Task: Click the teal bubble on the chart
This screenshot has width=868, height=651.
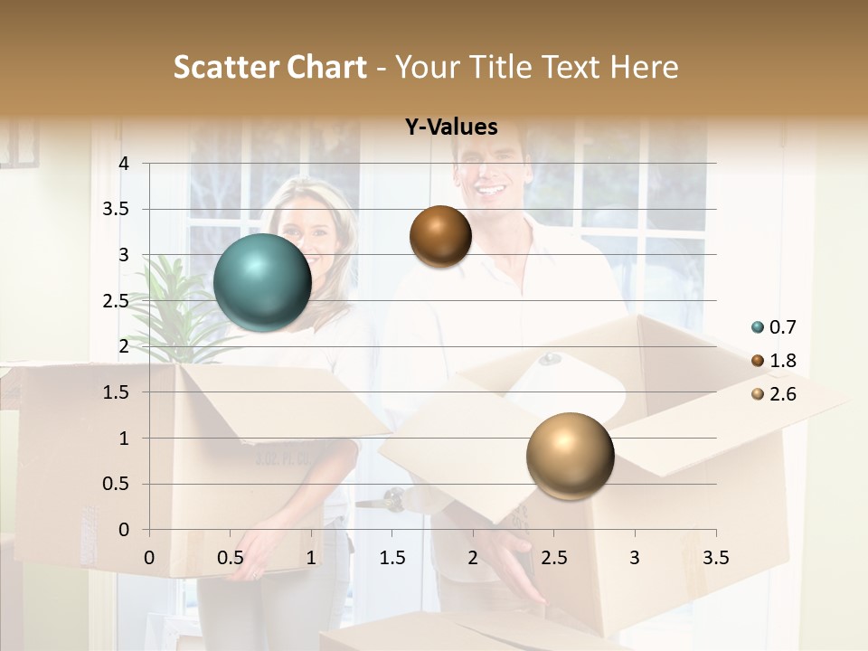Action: pyautogui.click(x=262, y=282)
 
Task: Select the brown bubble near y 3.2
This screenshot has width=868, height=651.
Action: pyautogui.click(x=440, y=236)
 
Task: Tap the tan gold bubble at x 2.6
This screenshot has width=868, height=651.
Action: pyautogui.click(x=570, y=456)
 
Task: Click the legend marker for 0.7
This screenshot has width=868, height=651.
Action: pyautogui.click(x=758, y=327)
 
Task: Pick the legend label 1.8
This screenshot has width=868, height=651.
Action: pyautogui.click(x=783, y=361)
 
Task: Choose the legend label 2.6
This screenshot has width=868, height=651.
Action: pyautogui.click(x=783, y=394)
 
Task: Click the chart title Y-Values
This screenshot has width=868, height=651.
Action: pyautogui.click(x=451, y=127)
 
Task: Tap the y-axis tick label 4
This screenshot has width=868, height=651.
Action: pyautogui.click(x=125, y=163)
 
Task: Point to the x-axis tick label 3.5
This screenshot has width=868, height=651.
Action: pyautogui.click(x=715, y=557)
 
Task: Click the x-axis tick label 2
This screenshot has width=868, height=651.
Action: pyautogui.click(x=473, y=557)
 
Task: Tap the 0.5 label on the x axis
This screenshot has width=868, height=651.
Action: pyautogui.click(x=230, y=557)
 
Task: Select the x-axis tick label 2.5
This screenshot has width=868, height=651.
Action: pyautogui.click(x=553, y=557)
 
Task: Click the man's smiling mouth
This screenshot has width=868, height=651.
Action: pyautogui.click(x=492, y=191)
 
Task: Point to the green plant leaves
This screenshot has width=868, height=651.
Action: pyautogui.click(x=167, y=298)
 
